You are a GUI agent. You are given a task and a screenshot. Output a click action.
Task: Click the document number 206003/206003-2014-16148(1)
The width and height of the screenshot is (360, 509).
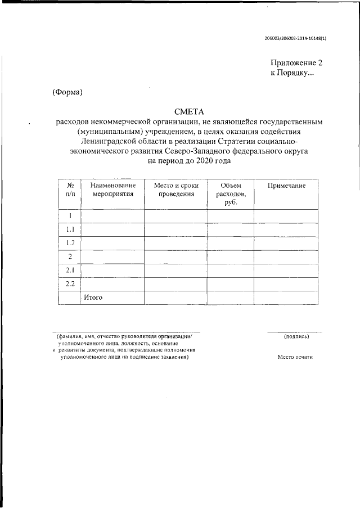pyautogui.click(x=295, y=38)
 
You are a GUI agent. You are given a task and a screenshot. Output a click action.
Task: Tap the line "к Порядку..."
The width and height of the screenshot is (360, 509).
pyautogui.click(x=292, y=74)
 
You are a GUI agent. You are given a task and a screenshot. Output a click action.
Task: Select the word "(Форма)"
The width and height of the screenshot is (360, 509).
pyautogui.click(x=67, y=92)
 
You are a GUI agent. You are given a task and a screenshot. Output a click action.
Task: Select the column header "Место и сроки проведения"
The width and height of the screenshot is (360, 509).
pyautogui.click(x=175, y=190)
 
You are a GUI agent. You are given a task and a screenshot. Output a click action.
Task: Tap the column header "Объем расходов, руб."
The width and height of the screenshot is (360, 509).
pyautogui.click(x=231, y=193)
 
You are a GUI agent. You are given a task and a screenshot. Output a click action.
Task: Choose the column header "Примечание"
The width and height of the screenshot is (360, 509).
pyautogui.click(x=286, y=186)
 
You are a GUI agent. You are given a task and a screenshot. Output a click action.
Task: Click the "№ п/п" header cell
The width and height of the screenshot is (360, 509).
pyautogui.click(x=70, y=190)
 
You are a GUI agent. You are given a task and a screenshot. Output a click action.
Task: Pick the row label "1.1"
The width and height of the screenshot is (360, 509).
pyautogui.click(x=70, y=229)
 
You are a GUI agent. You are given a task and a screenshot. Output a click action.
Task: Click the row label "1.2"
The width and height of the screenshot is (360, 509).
pyautogui.click(x=70, y=243)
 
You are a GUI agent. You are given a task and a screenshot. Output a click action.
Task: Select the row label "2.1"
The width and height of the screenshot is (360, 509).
pyautogui.click(x=70, y=270)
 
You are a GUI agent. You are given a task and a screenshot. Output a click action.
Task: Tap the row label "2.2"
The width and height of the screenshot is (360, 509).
pyautogui.click(x=70, y=283)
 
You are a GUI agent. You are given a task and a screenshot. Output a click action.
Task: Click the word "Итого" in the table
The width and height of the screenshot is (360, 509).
pyautogui.click(x=93, y=297)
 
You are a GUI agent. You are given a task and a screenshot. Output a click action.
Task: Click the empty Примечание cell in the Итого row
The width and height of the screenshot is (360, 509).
pyautogui.click(x=286, y=298)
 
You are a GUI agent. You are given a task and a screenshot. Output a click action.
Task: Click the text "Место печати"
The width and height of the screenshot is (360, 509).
pyautogui.click(x=295, y=357)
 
